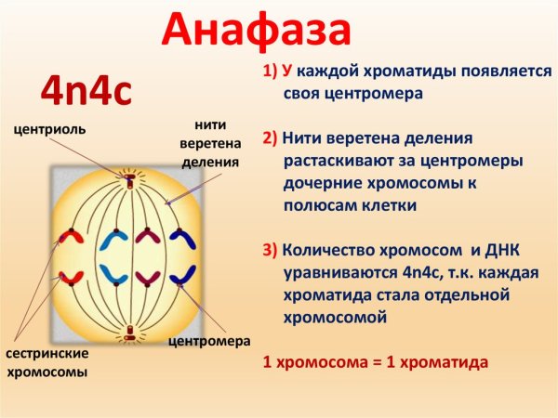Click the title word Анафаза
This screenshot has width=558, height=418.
pos(257,32)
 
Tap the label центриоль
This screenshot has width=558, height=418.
pos(51,129)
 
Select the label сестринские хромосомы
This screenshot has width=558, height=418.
pos(46,363)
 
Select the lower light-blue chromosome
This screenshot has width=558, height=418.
pos(114,275)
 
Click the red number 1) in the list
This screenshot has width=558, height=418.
pos(270,71)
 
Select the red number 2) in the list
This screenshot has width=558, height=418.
pos(270,138)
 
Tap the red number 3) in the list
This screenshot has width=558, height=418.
pos(270,251)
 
